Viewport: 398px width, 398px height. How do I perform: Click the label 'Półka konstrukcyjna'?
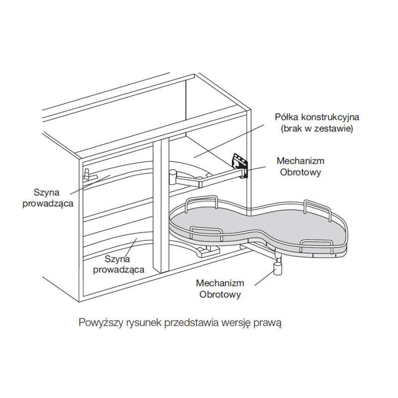[x=317, y=117]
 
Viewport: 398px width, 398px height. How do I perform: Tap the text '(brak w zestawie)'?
[x=317, y=128]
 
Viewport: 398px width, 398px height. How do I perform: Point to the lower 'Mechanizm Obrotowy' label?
[x=220, y=289]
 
